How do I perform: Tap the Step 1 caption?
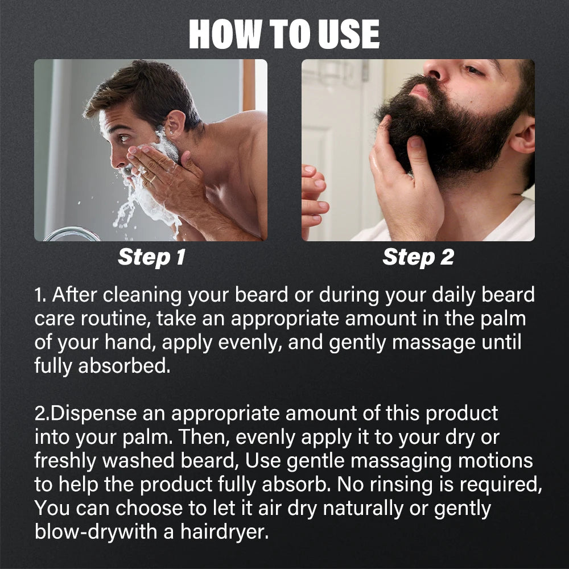(151, 257)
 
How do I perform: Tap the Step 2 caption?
(418, 257)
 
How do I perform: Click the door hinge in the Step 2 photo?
(364, 71)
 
